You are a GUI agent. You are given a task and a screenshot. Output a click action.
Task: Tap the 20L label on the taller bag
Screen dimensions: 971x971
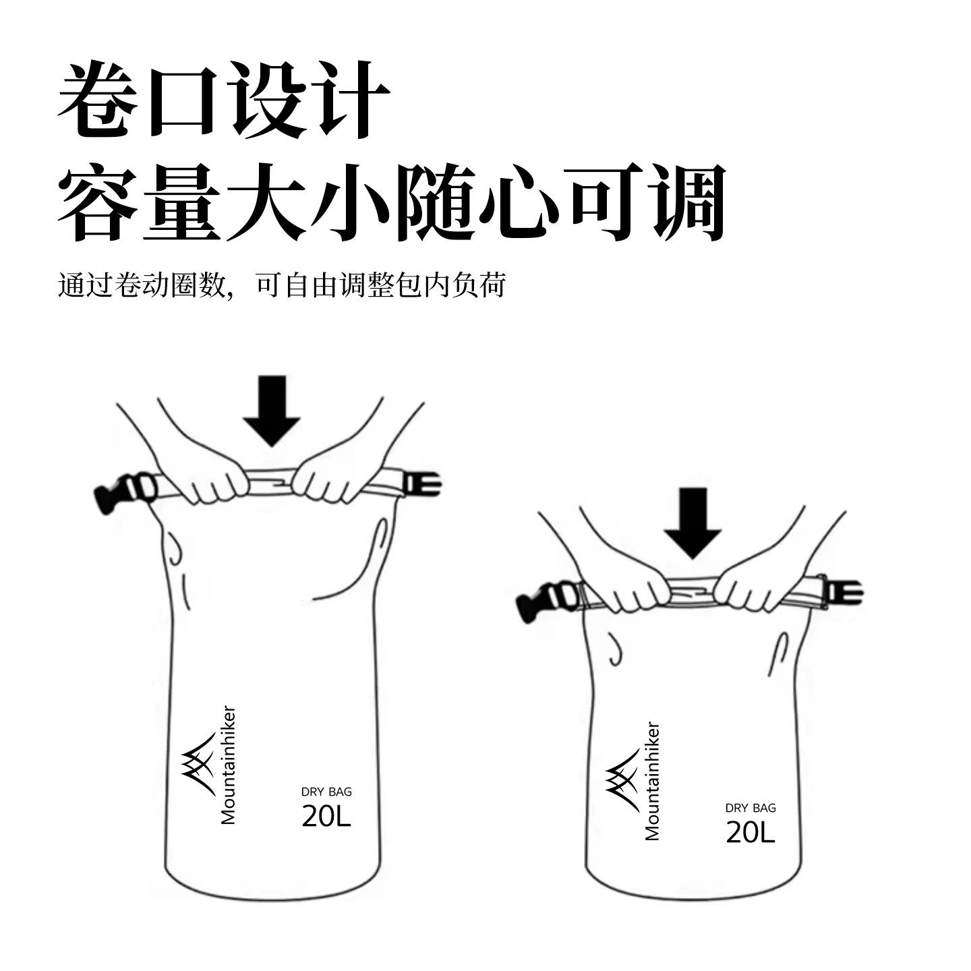pyautogui.click(x=326, y=816)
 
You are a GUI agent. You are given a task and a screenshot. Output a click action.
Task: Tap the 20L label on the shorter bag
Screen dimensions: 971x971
pyautogui.click(x=750, y=833)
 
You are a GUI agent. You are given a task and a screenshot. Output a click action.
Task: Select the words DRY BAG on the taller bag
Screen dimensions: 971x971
pyautogui.click(x=326, y=792)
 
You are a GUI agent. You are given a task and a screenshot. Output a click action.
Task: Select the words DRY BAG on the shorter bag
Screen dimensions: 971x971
pyautogui.click(x=751, y=808)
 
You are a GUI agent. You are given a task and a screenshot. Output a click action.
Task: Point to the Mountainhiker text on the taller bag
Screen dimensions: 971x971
pyautogui.click(x=229, y=765)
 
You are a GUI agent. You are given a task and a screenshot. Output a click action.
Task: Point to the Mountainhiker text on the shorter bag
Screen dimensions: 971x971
pyautogui.click(x=652, y=782)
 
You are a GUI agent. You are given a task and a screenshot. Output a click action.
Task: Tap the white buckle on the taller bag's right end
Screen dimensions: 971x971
pyautogui.click(x=423, y=484)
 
